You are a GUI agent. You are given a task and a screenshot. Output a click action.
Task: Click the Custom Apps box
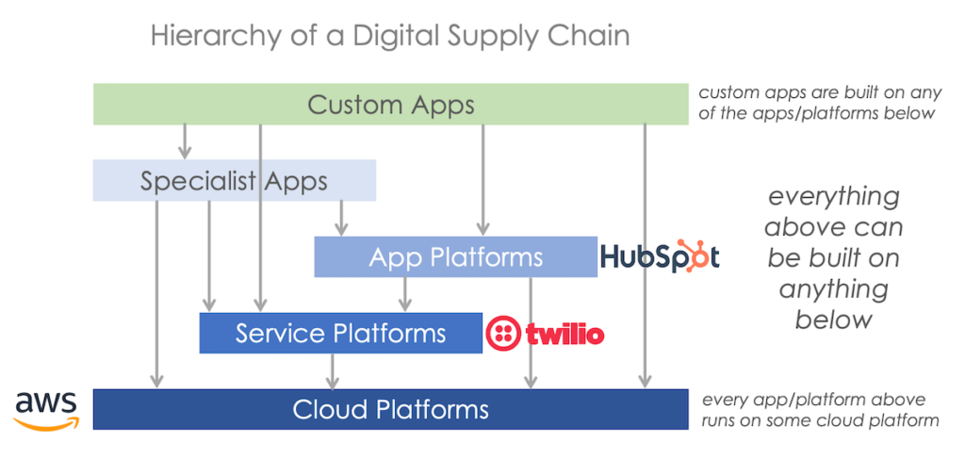coord(390,104)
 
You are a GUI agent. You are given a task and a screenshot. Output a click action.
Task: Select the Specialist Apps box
coord(234,180)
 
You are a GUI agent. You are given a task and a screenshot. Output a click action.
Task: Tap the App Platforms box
coord(455,256)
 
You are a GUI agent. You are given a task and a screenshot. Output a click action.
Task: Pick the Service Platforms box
coord(340,333)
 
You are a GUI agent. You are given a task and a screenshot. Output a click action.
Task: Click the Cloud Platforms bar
coord(390,409)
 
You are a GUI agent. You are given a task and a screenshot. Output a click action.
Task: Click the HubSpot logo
coord(660,256)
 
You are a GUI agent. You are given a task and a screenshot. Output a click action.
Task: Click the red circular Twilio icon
coord(502,333)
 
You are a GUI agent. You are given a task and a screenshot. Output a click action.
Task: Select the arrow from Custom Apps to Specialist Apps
coord(185,141)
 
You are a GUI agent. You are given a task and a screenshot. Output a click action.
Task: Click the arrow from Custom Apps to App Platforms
coord(483,179)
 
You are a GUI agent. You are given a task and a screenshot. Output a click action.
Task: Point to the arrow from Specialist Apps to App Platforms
coord(341,218)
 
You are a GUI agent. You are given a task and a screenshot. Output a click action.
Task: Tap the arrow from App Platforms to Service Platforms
coord(405,294)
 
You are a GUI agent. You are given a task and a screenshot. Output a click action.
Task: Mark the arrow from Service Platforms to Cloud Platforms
coord(332,370)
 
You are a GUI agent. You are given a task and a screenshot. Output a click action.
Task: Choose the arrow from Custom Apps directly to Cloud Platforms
coord(645,255)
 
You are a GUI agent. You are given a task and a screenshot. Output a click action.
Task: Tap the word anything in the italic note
coord(833,288)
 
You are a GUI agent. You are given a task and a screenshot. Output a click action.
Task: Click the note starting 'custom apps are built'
coord(816,103)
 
